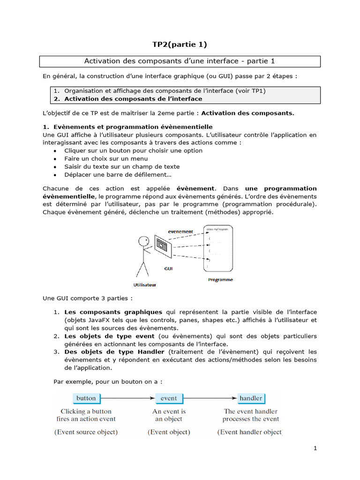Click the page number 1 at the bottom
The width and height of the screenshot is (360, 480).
[315, 448]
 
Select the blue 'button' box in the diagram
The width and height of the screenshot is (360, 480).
[86, 398]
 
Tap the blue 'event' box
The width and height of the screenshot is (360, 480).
[169, 398]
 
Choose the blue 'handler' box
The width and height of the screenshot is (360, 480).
[251, 398]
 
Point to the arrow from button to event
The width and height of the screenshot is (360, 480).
[127, 398]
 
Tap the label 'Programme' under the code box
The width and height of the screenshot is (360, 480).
[220, 280]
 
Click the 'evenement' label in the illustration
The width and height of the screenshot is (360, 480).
[180, 232]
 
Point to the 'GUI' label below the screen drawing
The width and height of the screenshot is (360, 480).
[168, 269]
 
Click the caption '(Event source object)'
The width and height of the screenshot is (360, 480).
[86, 432]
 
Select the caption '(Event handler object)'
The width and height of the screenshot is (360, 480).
[250, 432]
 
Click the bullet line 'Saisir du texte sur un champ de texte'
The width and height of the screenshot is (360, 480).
[122, 166]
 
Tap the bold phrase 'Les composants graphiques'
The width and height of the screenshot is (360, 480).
[113, 312]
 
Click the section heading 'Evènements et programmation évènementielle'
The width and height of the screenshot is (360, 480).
[135, 127]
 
